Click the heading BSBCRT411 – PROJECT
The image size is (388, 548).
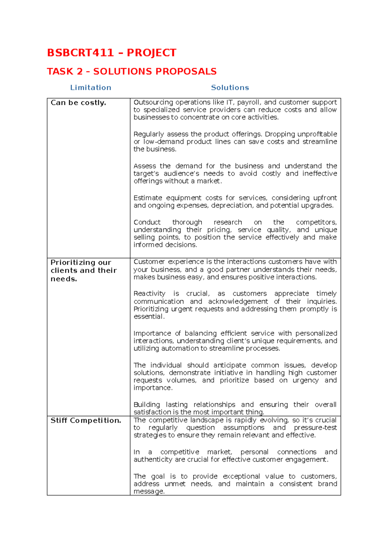112,53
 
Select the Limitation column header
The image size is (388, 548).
91,88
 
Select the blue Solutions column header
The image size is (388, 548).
230,88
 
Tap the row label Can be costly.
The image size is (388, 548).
78,103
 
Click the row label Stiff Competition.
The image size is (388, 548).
86,420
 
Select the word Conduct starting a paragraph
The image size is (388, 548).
147,222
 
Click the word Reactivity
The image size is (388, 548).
149,294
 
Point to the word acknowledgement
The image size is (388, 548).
238,301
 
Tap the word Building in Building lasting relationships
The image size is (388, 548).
146,405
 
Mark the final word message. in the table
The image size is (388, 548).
149,491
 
